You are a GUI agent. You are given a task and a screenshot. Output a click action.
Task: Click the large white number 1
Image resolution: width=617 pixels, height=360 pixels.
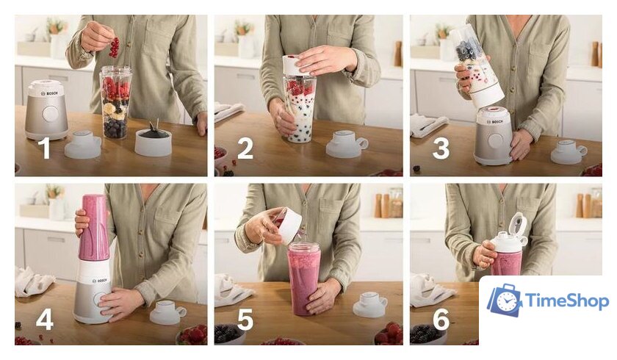tap(46, 148)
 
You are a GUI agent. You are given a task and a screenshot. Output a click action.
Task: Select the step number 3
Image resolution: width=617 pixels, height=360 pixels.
tap(441, 148)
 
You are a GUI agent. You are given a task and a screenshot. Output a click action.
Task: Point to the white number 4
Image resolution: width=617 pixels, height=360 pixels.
tap(45, 319)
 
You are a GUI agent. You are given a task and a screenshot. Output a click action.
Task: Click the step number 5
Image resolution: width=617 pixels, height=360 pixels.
tap(245, 319)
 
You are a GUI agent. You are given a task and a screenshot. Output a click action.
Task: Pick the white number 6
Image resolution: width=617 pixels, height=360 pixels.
tap(441, 319)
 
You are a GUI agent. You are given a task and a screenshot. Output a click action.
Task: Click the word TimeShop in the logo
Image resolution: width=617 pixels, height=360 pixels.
tap(566, 301)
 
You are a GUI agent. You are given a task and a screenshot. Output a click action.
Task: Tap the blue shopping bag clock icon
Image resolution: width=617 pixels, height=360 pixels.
tap(505, 300)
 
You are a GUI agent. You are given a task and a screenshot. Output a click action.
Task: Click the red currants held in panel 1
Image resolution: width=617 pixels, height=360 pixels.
tap(114, 47)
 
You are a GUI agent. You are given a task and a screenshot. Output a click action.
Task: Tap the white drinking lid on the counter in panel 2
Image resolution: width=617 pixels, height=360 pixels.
tap(347, 143)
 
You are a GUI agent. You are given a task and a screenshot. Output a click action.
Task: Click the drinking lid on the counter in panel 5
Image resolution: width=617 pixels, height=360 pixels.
tap(370, 304)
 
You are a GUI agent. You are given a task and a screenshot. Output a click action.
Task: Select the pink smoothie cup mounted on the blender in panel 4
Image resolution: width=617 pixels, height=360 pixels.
tap(93, 228)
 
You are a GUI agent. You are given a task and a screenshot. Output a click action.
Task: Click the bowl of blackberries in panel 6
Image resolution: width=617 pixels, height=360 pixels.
tap(428, 335)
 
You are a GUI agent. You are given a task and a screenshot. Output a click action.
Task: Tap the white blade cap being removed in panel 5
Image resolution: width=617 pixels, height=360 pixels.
tap(288, 226)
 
